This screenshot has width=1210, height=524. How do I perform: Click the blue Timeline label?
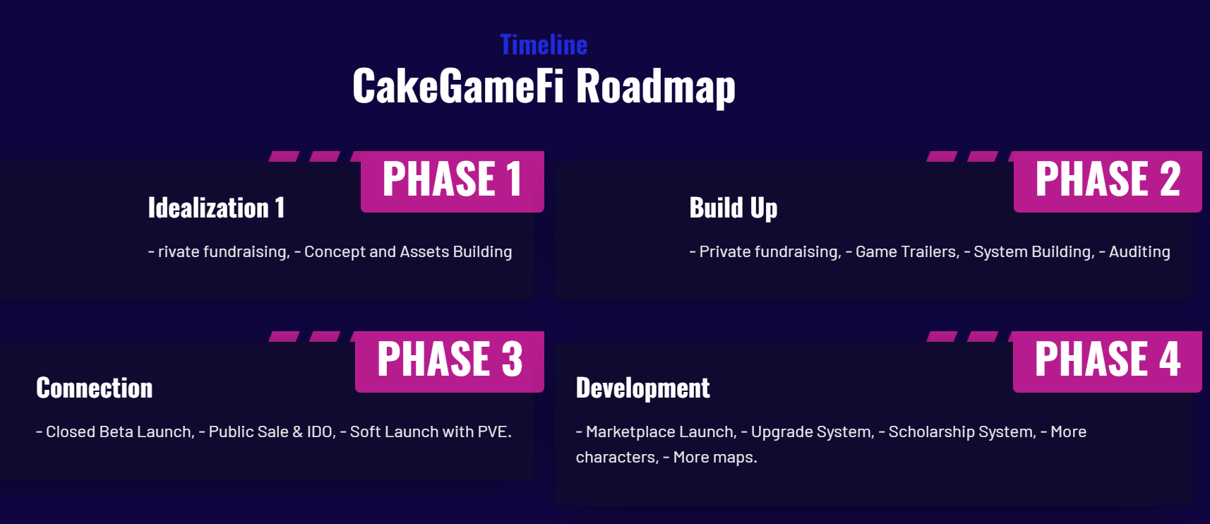click(x=544, y=44)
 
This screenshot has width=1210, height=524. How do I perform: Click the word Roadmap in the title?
click(x=655, y=86)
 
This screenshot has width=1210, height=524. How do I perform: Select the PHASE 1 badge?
click(x=453, y=181)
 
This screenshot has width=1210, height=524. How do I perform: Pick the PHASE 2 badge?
click(x=1108, y=181)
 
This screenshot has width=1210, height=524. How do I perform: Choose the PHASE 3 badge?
click(x=450, y=362)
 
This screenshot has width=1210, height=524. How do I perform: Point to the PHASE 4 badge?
click(x=1108, y=362)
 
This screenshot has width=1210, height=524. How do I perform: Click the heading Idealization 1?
click(x=216, y=208)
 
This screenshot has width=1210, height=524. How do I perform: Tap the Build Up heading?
click(x=733, y=209)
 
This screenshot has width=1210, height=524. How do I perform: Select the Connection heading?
click(x=94, y=388)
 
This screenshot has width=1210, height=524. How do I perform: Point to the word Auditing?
click(x=1140, y=251)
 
